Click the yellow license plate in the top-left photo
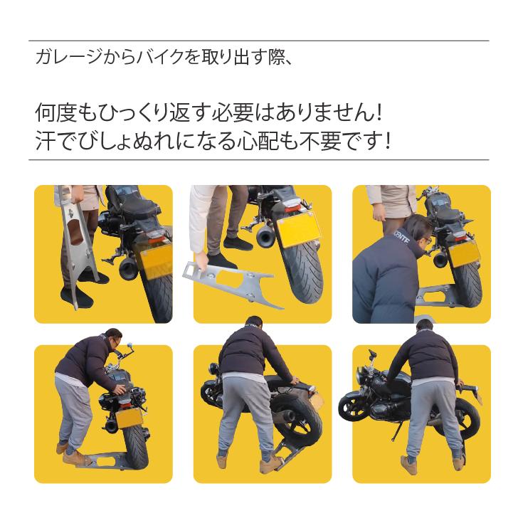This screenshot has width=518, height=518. point(152,259)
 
